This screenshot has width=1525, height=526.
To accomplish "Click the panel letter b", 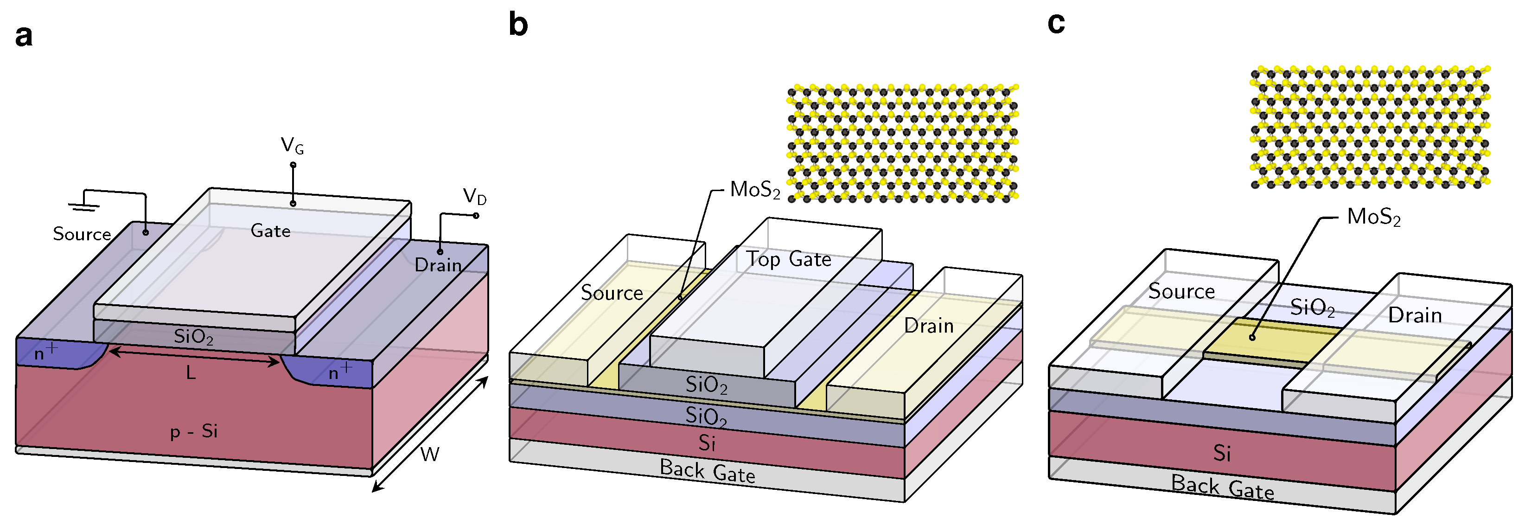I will click(518, 25).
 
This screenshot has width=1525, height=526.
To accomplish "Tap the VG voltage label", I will click(292, 145).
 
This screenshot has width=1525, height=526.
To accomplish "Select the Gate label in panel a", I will click(270, 231).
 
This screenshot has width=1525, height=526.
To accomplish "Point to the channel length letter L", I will click(191, 372).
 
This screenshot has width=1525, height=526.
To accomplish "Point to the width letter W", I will click(430, 454).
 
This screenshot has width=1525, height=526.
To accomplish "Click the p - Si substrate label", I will click(194, 431).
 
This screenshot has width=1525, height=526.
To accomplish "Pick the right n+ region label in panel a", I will click(340, 372).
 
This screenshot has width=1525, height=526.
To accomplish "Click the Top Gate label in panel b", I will click(789, 259).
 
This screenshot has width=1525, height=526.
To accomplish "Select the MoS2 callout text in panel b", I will click(755, 190).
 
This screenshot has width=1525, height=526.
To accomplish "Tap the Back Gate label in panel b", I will click(708, 471).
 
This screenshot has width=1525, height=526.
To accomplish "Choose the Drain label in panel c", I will click(1415, 315).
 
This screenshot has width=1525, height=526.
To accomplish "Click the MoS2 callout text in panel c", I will click(1373, 217).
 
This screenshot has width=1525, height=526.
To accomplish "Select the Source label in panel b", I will click(612, 293).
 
